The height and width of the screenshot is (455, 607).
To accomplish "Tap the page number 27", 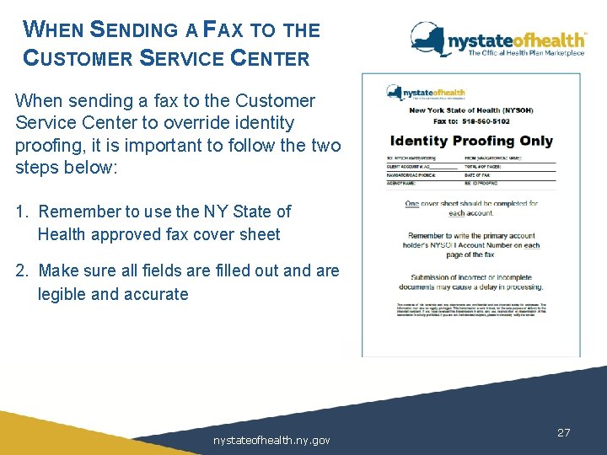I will [x=564, y=432].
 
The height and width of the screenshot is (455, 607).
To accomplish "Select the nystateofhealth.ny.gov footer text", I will [x=271, y=440].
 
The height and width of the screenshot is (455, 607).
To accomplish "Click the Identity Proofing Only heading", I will [x=470, y=141].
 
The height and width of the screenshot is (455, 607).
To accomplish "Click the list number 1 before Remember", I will [x=20, y=211].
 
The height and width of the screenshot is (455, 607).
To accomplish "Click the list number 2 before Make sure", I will [x=20, y=270].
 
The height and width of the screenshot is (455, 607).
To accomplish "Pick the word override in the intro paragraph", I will [x=228, y=122].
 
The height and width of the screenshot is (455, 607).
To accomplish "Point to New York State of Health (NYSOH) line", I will [x=470, y=110].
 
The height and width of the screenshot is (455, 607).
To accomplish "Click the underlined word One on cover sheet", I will [x=411, y=204].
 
